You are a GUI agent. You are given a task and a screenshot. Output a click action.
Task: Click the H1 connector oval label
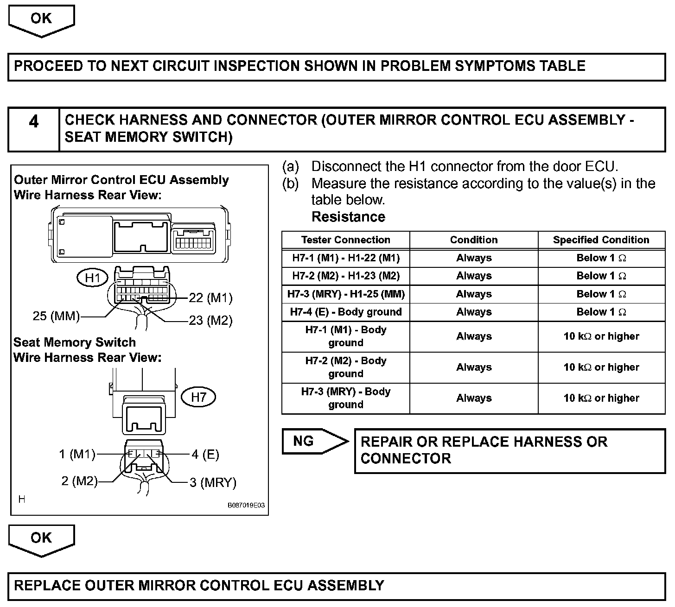[x=93, y=278]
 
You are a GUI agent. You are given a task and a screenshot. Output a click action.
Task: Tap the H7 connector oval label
[x=198, y=397]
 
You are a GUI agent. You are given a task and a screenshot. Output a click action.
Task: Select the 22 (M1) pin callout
[x=210, y=298]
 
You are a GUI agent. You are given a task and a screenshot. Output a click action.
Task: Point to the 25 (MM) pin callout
[x=56, y=316]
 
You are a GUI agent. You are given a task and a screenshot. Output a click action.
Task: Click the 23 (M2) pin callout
[x=210, y=321]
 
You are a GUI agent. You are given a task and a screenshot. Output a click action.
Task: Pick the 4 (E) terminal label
[x=205, y=455]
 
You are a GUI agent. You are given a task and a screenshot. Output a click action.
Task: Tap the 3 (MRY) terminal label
[x=213, y=483]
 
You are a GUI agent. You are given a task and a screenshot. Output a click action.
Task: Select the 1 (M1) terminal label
[x=77, y=455]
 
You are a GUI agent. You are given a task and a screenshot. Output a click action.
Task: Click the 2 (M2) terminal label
[x=79, y=481]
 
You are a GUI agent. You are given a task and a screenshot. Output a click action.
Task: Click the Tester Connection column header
[x=345, y=240]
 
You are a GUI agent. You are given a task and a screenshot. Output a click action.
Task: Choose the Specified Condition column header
[x=601, y=240]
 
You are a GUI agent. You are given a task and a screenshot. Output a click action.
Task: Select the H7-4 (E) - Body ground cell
[x=345, y=312]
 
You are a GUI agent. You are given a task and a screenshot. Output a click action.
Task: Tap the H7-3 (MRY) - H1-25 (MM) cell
[x=345, y=294]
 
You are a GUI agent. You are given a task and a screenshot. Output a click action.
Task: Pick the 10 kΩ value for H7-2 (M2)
[x=601, y=367]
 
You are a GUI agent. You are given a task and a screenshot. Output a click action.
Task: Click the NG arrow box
[x=311, y=441]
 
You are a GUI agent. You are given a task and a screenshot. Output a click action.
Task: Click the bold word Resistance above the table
[x=348, y=217]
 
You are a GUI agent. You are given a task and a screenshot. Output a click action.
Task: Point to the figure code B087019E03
[x=246, y=506]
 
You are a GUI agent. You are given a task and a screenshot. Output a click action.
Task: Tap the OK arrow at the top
[x=41, y=19]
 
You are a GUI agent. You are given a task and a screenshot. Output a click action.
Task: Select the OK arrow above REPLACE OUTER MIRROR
[x=41, y=538]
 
